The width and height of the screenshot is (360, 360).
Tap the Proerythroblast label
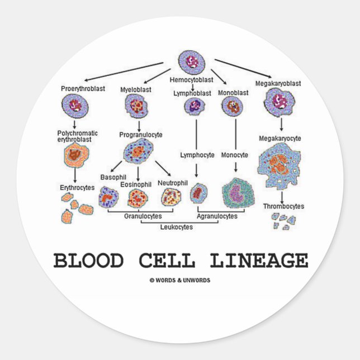(x=83, y=89)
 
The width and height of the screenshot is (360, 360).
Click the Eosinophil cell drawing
(x=138, y=198)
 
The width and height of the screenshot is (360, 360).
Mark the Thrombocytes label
(x=284, y=206)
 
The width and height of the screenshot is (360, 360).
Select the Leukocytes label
(x=177, y=226)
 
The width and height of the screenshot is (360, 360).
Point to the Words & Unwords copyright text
(x=180, y=280)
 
